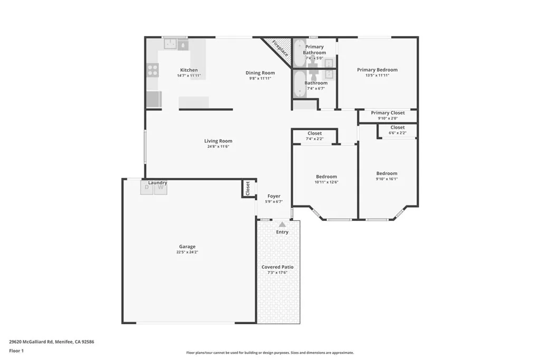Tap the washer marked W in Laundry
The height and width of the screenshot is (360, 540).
160,188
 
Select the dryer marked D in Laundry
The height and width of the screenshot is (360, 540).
147,188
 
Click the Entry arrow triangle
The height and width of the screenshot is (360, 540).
282,225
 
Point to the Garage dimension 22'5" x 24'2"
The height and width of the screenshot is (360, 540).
187,252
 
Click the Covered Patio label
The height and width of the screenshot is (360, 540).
277,267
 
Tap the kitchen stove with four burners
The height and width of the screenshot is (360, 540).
152,70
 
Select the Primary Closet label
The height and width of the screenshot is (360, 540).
388,113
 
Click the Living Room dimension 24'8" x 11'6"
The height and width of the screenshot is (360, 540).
218,147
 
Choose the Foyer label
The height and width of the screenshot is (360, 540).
274,196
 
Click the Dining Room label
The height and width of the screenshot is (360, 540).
261,73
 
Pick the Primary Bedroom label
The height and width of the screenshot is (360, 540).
377,70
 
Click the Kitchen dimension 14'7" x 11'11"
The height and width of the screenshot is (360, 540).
189,76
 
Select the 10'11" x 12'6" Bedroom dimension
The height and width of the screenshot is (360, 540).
326,182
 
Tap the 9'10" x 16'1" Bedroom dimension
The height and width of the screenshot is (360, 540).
387,179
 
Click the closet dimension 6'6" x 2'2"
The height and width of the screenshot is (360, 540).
398,133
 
